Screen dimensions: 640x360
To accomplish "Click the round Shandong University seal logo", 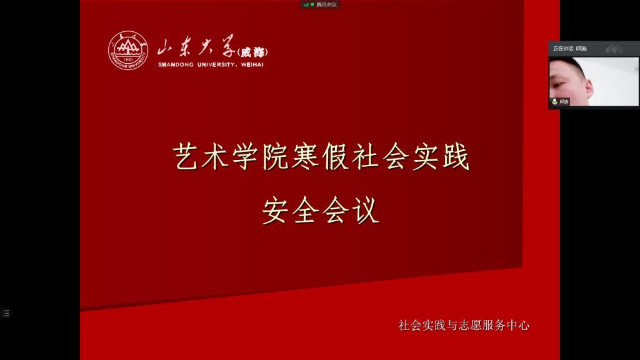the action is click(x=128, y=50).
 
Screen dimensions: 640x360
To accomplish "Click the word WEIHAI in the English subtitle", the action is click(x=252, y=64).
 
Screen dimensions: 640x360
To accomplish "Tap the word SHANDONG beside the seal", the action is click(x=176, y=64).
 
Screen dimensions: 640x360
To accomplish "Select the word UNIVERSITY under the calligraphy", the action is click(x=216, y=64).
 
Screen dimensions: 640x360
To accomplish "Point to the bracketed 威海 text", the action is click(x=252, y=52).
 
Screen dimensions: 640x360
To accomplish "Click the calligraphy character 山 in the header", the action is click(x=166, y=47).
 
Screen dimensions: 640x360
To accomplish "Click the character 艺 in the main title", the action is click(x=186, y=156).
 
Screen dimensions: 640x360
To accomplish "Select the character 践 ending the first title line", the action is click(x=456, y=156).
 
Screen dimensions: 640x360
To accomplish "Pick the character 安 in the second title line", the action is click(x=276, y=210).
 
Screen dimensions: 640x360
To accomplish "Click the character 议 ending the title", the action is click(x=366, y=210).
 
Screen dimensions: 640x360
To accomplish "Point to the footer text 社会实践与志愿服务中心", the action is click(x=464, y=325).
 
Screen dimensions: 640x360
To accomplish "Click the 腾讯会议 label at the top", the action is click(x=326, y=4).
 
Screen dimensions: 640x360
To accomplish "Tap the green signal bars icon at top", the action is click(x=306, y=4).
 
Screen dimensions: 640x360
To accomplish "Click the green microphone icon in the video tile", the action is click(x=555, y=102).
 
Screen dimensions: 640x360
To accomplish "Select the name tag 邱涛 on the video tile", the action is click(x=564, y=102).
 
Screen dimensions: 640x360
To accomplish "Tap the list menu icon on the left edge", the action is click(x=6, y=313).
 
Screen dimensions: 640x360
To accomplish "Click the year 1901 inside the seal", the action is click(x=128, y=59).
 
